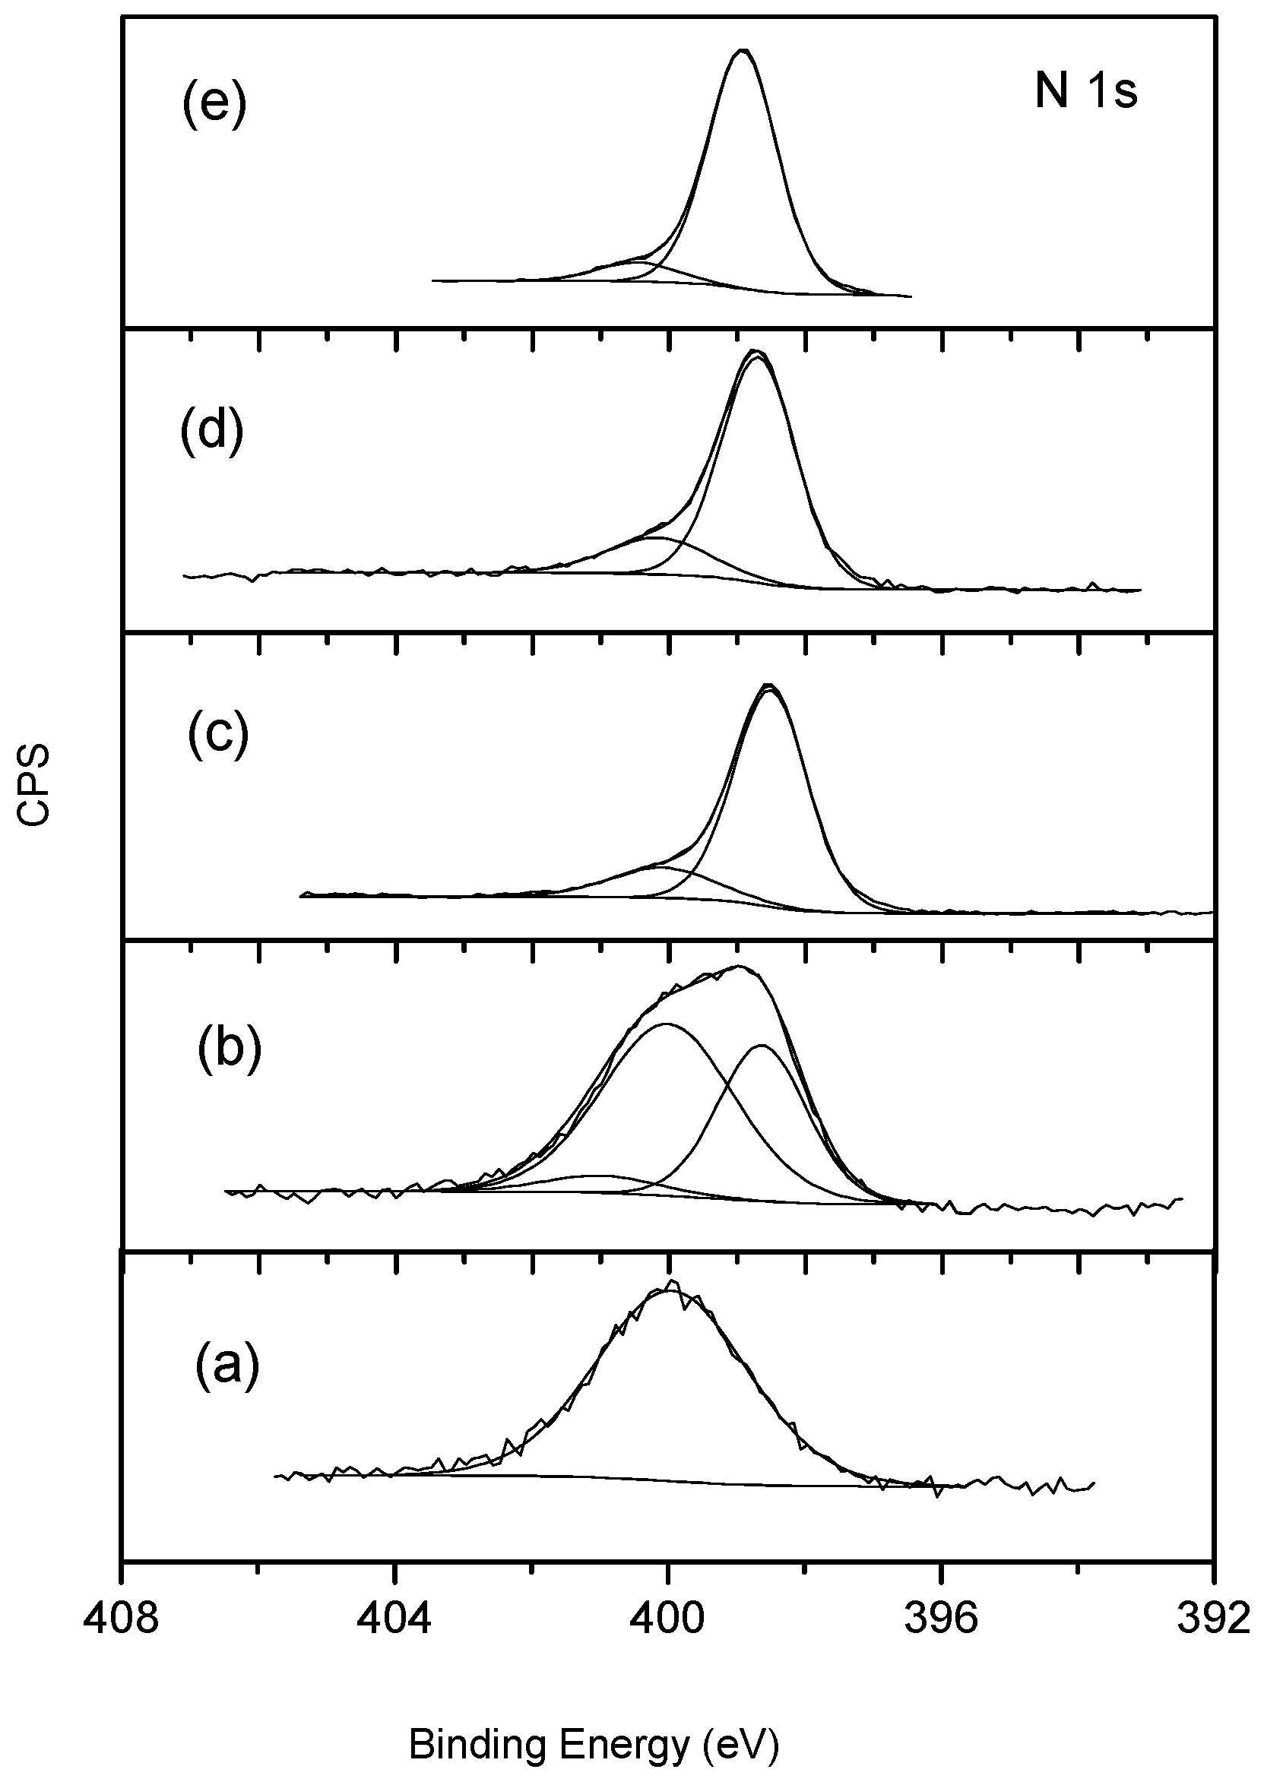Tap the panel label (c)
218,734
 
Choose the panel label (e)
214,103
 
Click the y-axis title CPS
35,784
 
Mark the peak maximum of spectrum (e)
743,51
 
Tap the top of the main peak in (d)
755,352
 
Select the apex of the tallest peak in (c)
769,685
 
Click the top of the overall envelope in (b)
739,967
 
